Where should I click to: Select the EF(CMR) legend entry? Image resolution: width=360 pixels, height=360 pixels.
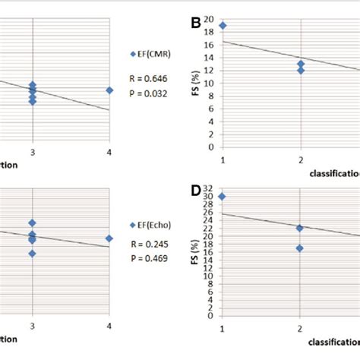pyautogui.click(x=155, y=54)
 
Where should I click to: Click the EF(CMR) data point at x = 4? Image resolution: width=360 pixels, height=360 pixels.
pyautogui.click(x=109, y=90)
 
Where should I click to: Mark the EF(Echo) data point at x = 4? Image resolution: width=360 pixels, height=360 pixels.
pyautogui.click(x=109, y=238)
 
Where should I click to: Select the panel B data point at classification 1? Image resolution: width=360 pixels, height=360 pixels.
pyautogui.click(x=223, y=26)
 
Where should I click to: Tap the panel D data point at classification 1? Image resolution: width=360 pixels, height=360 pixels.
pyautogui.click(x=223, y=196)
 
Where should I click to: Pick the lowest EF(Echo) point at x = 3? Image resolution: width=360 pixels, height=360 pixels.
pyautogui.click(x=32, y=253)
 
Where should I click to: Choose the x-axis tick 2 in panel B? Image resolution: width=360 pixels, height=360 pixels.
pyautogui.click(x=301, y=159)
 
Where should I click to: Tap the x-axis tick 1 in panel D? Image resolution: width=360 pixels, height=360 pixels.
pyautogui.click(x=223, y=329)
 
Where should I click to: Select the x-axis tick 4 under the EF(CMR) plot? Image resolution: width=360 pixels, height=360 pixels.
pyautogui.click(x=109, y=155)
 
